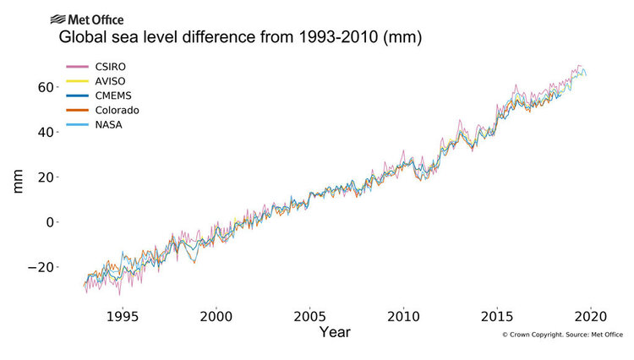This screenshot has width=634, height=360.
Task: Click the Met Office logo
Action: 87,19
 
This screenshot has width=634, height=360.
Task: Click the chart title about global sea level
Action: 239,39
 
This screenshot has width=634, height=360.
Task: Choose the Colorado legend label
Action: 118,111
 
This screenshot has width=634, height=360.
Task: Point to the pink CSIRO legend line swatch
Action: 78,65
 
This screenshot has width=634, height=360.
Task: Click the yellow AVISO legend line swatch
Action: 78,80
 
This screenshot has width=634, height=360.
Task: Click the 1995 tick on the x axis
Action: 123,311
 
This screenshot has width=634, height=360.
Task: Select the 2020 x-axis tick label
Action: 590,311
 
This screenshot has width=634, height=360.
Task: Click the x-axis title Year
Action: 335,332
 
